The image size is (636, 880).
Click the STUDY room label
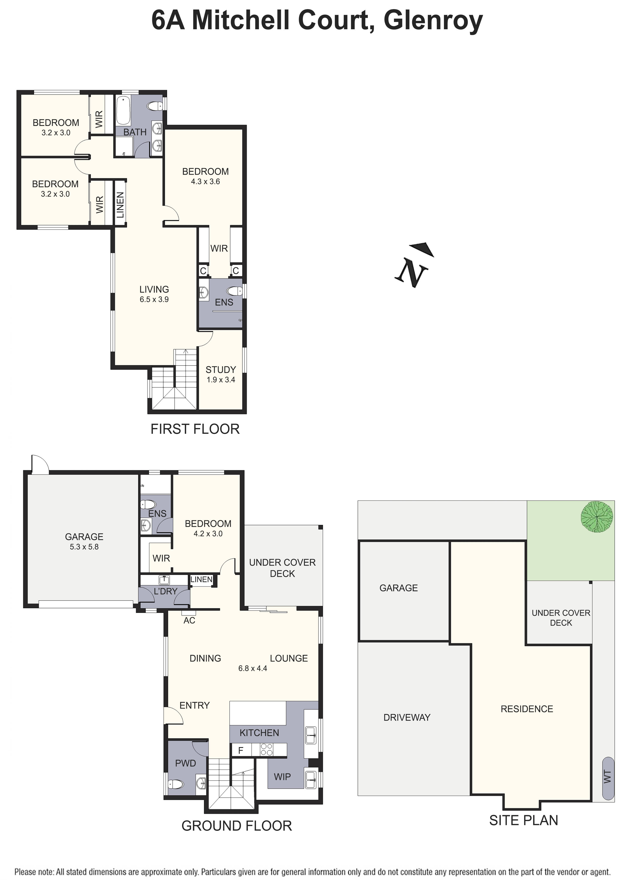tap(220, 369)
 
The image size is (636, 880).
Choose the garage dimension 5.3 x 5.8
tap(84, 547)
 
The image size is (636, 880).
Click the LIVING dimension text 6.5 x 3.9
tap(154, 299)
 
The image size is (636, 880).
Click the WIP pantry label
tap(282, 776)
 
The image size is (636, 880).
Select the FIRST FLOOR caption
tap(195, 429)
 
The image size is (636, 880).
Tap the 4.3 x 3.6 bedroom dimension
tap(205, 182)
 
